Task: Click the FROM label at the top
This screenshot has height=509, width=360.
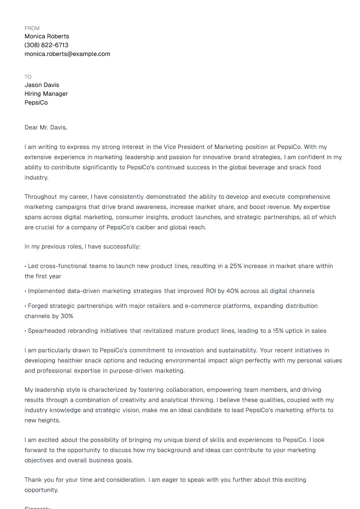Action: click(x=32, y=28)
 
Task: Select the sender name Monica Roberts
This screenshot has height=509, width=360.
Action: click(x=47, y=36)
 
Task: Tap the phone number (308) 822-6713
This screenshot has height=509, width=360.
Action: click(x=46, y=45)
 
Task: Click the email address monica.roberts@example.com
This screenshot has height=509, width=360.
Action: click(x=67, y=54)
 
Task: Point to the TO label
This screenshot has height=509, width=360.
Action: click(x=28, y=77)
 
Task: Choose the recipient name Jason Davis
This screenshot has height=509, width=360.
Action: click(x=42, y=85)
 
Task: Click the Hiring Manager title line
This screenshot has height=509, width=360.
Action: click(x=46, y=94)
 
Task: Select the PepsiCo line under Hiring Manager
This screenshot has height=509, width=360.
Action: click(x=36, y=103)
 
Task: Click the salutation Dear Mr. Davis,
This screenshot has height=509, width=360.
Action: click(x=46, y=128)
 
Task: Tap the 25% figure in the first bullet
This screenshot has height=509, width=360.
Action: click(x=236, y=266)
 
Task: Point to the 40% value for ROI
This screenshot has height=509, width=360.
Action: click(x=232, y=291)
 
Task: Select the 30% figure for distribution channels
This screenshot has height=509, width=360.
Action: click(x=67, y=316)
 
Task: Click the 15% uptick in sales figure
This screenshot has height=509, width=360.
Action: click(x=278, y=331)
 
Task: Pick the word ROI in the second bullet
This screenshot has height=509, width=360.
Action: click(x=211, y=291)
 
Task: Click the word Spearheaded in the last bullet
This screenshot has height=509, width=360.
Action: click(x=47, y=331)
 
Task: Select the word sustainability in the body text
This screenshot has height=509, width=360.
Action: click(x=237, y=350)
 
